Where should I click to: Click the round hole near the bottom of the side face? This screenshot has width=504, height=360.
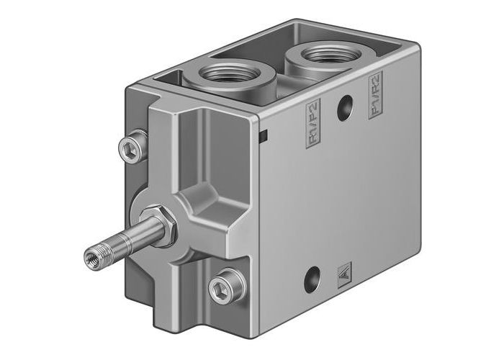(x=312, y=277)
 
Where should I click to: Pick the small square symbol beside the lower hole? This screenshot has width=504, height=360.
(x=343, y=274)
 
